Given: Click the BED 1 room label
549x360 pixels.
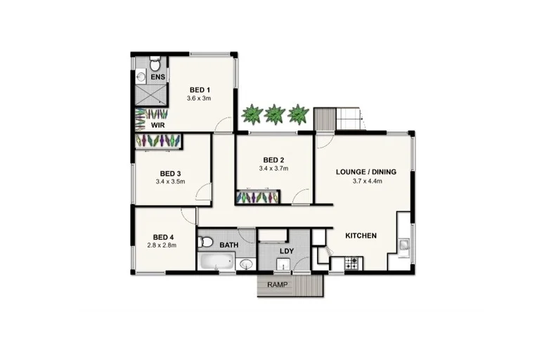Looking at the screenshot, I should pyautogui.click(x=200, y=90).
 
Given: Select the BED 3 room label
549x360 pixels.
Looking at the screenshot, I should pyautogui.click(x=171, y=174).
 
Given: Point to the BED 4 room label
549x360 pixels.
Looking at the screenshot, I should pyautogui.click(x=162, y=237).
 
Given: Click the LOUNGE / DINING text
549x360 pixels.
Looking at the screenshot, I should pyautogui.click(x=366, y=172).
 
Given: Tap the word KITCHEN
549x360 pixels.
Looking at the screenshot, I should pyautogui.click(x=361, y=236).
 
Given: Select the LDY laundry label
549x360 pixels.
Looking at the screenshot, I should pyautogui.click(x=286, y=251).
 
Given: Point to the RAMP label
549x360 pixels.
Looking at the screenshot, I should pyautogui.click(x=278, y=285).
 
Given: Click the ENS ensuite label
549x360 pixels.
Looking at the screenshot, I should pyautogui.click(x=157, y=76).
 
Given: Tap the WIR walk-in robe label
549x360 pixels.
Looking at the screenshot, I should pyautogui.click(x=159, y=125).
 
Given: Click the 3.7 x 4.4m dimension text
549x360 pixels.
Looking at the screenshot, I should pyautogui.click(x=366, y=181).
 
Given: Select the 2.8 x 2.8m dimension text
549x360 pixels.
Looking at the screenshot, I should pyautogui.click(x=162, y=245).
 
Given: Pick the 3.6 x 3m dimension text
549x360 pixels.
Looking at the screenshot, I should pyautogui.click(x=200, y=98).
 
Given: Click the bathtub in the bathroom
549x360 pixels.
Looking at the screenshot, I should pyautogui.click(x=215, y=263).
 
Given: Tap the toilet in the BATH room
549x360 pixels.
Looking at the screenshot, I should pyautogui.click(x=207, y=243).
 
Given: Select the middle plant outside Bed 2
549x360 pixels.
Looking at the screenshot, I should pyautogui.click(x=273, y=112).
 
